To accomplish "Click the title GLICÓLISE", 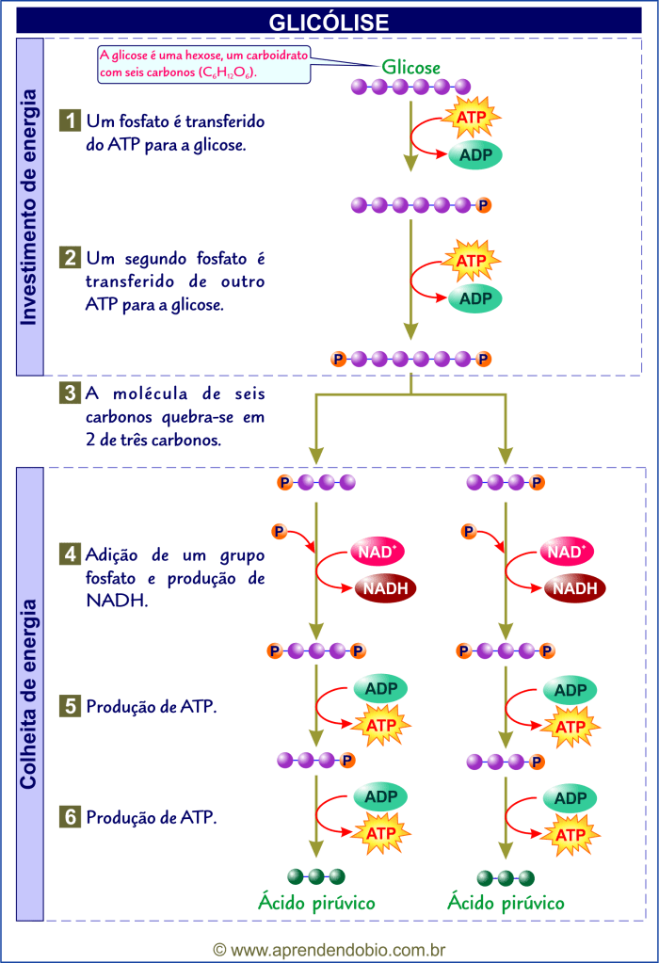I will coord(329,21).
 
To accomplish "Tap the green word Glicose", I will coord(410,67).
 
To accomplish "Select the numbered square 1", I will coord(71,121).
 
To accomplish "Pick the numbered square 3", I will coord(71,393).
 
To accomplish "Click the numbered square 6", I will coord(71,817).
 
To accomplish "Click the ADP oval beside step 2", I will coord(475,298).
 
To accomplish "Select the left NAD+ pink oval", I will coord(377,552).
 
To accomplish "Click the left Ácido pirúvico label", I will coord(317,903).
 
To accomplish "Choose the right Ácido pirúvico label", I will coord(506,903).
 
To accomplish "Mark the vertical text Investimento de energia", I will coord(29,207).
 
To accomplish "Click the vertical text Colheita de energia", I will coord(29,694).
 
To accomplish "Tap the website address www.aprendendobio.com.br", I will coord(329,950).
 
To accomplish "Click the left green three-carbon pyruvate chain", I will coord(317,876).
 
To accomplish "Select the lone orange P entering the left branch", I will coord(279,532).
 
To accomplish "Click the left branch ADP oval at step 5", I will coord(380,689).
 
